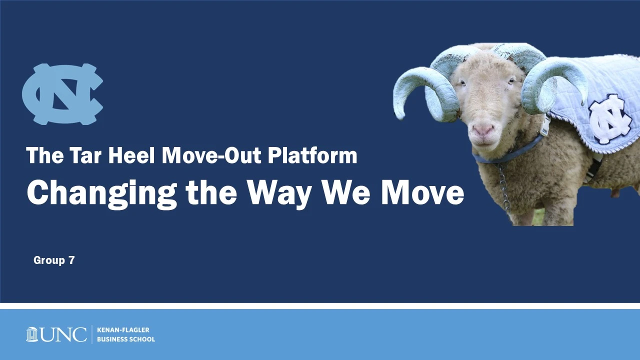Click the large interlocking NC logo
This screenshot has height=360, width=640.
(x=62, y=94)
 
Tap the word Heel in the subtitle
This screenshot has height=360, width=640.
(x=131, y=155)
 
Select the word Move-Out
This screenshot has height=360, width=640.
(x=211, y=155)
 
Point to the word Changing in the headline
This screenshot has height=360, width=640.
(x=101, y=193)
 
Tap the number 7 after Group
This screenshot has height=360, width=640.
(x=71, y=260)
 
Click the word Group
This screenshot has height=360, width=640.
(x=49, y=260)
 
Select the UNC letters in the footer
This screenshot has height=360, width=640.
(x=63, y=334)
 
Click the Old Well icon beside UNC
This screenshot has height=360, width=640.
(x=31, y=334)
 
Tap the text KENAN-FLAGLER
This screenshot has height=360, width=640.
(x=123, y=329)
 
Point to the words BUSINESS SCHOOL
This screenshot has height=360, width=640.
(x=126, y=339)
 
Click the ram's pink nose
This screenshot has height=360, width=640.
(x=483, y=130)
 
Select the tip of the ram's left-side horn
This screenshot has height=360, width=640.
(x=400, y=117)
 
